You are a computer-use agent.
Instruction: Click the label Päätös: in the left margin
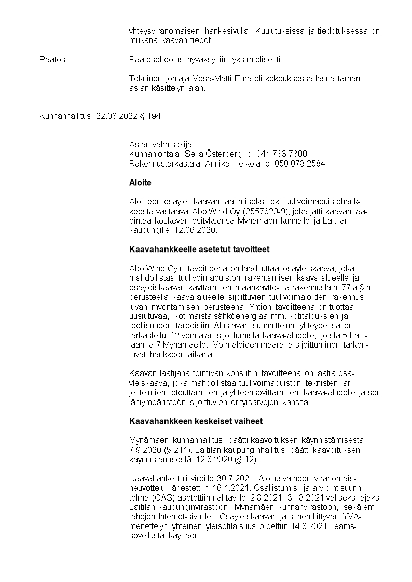(x=53, y=60)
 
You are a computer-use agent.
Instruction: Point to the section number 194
(x=154, y=116)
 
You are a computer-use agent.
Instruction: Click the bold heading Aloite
(x=140, y=183)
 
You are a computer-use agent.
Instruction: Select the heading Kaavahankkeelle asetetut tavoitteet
(x=199, y=250)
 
